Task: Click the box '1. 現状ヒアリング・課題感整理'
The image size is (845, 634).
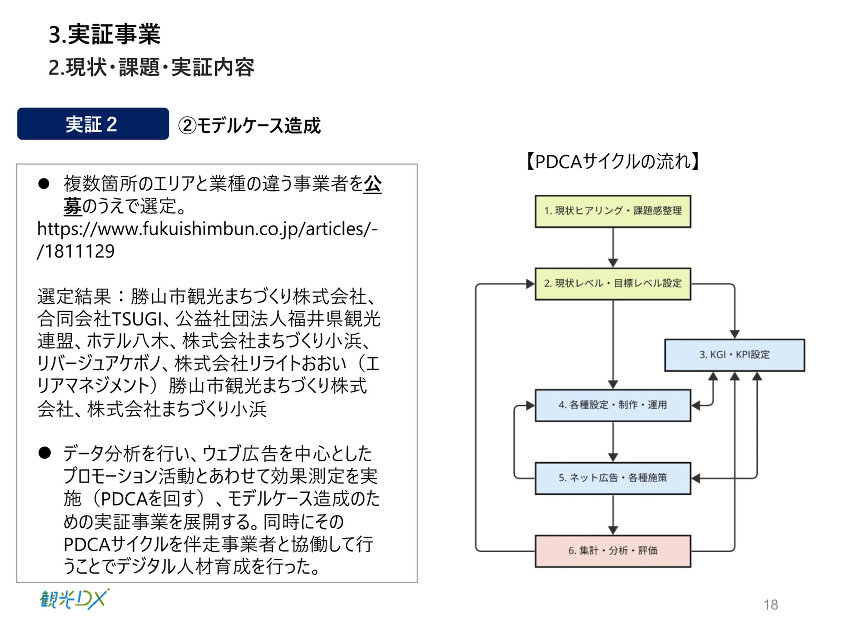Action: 613,211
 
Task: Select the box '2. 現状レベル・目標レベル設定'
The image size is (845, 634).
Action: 613,284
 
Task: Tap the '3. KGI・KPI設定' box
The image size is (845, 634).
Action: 734,355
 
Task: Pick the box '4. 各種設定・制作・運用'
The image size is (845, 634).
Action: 613,405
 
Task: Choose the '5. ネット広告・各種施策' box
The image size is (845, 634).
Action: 613,478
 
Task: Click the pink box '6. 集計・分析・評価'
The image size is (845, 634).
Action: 613,551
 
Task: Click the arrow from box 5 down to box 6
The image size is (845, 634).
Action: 613,515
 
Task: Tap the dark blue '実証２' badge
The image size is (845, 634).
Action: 93,124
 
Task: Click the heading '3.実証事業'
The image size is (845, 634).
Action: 104,34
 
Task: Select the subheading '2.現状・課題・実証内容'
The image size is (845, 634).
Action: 151,67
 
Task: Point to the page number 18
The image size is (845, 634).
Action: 771,605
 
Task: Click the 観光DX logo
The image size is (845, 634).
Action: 74,599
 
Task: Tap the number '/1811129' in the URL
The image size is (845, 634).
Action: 76,251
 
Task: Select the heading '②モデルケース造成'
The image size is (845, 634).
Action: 250,125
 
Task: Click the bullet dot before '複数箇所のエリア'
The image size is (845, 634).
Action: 44,184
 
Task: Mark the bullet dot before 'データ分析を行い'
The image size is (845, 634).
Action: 44,453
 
